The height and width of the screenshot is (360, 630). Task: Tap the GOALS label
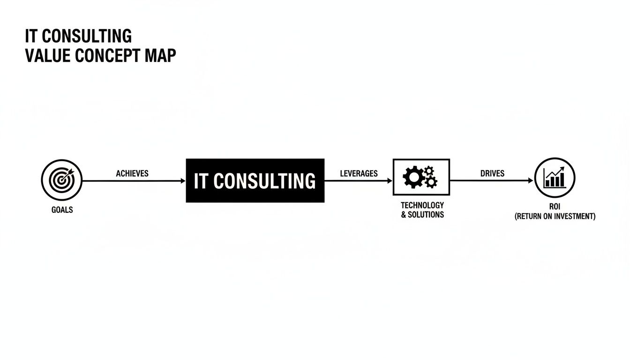tap(62, 210)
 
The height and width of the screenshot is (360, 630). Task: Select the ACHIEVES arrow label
tap(132, 173)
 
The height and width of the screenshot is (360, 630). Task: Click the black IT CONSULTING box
tap(255, 180)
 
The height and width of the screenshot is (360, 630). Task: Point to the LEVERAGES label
tap(359, 173)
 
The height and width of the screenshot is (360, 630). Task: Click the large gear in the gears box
tap(413, 178)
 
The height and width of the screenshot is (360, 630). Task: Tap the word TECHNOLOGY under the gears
tap(422, 205)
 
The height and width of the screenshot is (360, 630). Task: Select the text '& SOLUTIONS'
tap(422, 215)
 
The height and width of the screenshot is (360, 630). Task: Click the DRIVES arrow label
tap(492, 173)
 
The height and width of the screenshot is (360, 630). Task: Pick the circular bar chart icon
tap(555, 178)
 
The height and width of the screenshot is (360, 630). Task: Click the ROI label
tap(555, 207)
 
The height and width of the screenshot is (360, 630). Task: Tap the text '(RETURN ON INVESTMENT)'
tap(555, 216)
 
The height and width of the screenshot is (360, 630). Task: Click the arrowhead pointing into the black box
tap(183, 180)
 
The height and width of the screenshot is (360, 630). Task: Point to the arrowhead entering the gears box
tap(390, 180)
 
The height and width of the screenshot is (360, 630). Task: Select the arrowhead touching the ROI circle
tap(531, 180)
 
